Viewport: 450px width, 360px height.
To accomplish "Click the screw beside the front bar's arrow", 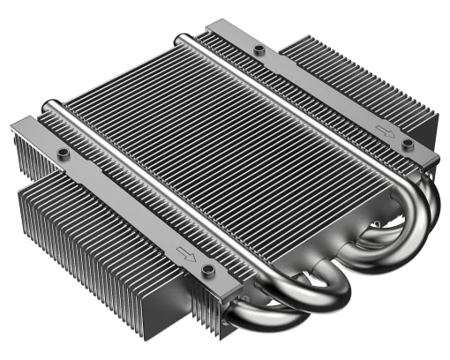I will [x=208, y=268].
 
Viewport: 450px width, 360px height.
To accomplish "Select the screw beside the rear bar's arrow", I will [x=407, y=143].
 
